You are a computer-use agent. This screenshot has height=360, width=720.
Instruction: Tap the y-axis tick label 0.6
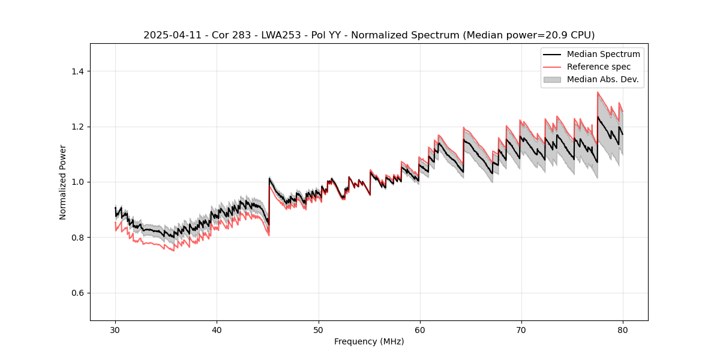(78, 293)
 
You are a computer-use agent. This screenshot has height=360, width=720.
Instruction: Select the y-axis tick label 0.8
(78, 238)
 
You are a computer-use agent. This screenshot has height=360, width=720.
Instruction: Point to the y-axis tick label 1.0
(78, 182)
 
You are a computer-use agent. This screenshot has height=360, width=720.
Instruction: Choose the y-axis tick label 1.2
(78, 127)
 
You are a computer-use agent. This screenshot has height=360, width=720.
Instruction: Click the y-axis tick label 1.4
(78, 71)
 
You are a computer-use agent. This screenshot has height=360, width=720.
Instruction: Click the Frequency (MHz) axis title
(369, 341)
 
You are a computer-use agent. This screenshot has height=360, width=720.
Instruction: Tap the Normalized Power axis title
(63, 182)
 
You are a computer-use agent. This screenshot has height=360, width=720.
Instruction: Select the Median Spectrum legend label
(603, 54)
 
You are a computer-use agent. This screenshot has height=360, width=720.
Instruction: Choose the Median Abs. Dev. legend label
(602, 79)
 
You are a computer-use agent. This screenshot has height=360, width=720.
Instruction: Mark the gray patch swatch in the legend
(552, 79)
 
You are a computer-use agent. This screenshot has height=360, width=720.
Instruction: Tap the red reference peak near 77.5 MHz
(598, 92)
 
